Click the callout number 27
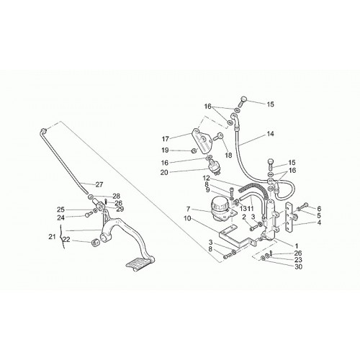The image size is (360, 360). coord(99,184)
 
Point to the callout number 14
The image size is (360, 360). coord(270,134)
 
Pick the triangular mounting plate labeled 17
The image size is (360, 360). coord(202,140)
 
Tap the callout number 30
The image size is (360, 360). coord(298,266)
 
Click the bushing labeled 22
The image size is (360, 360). coord(96,243)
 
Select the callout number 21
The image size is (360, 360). coord(52,237)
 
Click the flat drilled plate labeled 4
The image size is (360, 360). coord(289,218)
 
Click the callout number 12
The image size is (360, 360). coord(207,179)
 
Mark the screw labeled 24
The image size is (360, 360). coord(87,215)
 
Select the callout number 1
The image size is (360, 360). coord(296,246)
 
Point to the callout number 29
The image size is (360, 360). coord(120,209)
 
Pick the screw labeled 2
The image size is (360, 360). coord(253,228)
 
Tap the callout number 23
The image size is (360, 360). coord(298,260)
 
